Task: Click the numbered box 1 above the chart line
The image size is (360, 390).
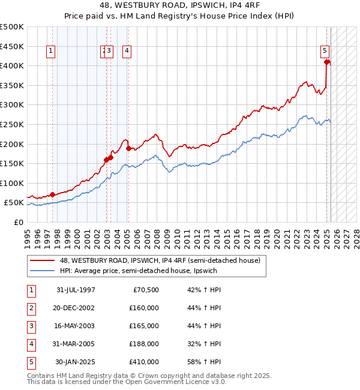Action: [50, 52]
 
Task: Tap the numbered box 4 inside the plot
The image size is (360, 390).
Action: [128, 52]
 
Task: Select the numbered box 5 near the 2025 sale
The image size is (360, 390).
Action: [325, 52]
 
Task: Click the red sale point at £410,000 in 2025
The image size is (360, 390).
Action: [327, 62]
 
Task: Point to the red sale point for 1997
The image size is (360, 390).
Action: [52, 194]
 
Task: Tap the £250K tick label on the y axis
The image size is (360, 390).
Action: [12, 124]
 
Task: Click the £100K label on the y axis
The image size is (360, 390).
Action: [12, 183]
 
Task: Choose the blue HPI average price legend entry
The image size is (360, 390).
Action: [137, 271]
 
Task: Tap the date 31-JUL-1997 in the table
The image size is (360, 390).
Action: [76, 290]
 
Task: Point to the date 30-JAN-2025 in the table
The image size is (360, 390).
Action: [75, 362]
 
